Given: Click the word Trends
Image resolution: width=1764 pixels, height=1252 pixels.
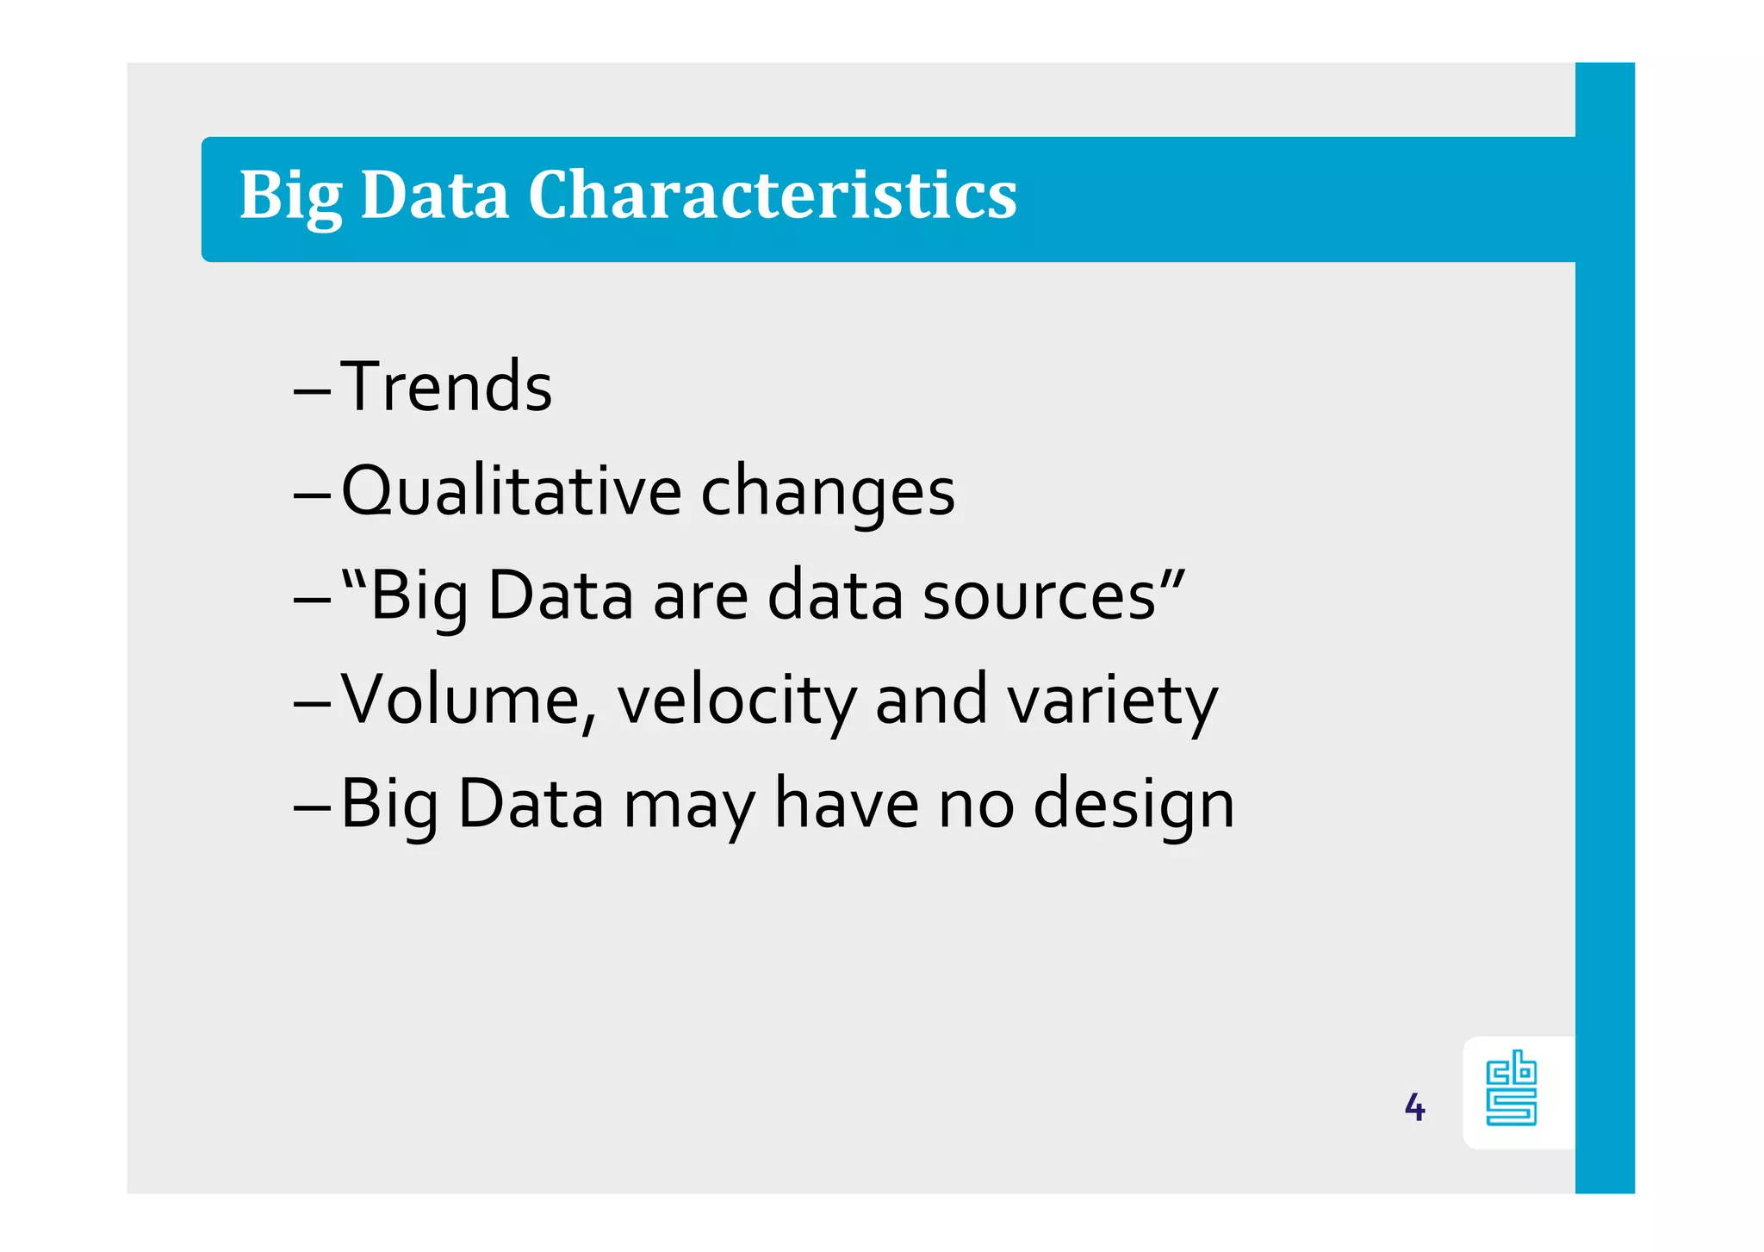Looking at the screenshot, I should (446, 387).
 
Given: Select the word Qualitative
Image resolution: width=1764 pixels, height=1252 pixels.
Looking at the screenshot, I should (512, 491).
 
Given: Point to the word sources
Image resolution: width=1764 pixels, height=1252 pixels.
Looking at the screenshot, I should (1039, 596).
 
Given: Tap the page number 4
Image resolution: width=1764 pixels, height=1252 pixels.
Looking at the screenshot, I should (1414, 1107).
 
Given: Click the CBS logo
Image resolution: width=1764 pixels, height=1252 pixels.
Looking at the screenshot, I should (1512, 1088).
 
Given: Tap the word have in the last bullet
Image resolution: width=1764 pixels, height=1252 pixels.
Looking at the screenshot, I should (847, 803).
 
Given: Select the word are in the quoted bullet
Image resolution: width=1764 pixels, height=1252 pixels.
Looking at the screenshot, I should (700, 596).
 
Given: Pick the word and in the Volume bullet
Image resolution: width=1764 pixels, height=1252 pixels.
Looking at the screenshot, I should (931, 700).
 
